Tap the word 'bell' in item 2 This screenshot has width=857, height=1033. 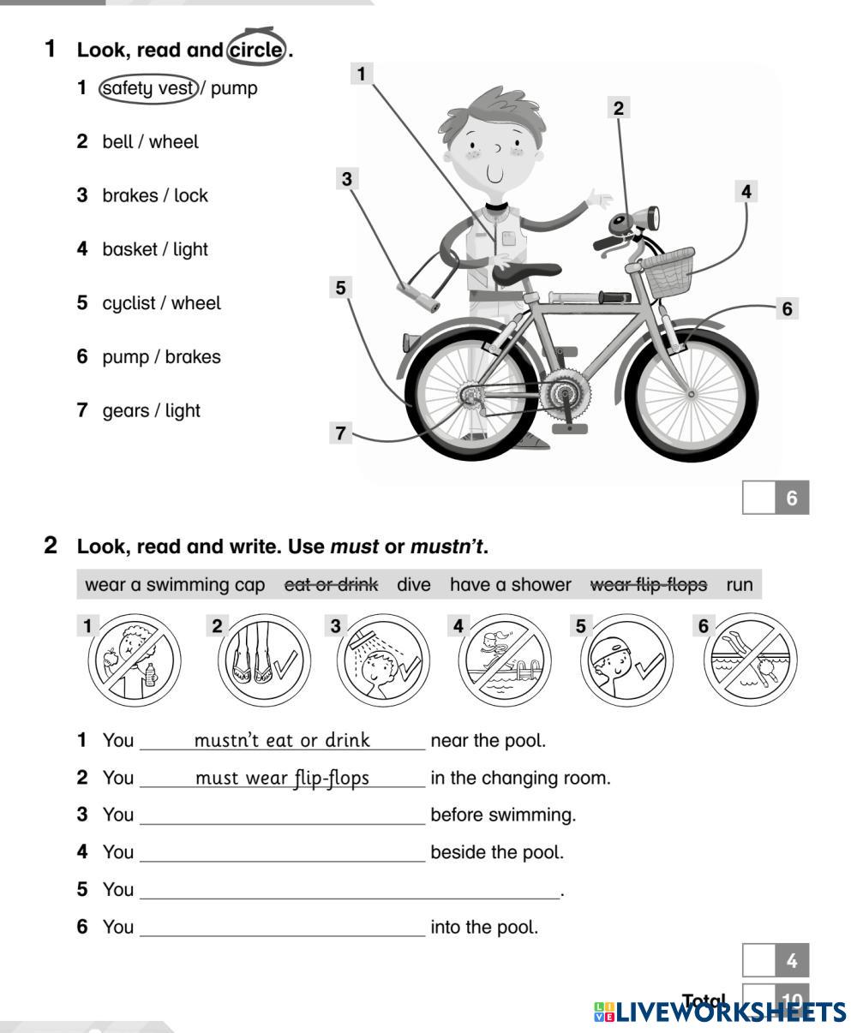118,142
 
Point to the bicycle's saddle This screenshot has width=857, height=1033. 523,272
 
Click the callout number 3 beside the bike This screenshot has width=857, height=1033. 346,179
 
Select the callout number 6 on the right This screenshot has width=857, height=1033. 788,308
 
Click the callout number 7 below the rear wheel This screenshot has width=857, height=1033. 341,433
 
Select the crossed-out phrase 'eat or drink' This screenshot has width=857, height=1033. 331,585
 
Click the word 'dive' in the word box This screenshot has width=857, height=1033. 414,585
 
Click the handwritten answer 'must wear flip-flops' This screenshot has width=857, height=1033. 282,778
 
